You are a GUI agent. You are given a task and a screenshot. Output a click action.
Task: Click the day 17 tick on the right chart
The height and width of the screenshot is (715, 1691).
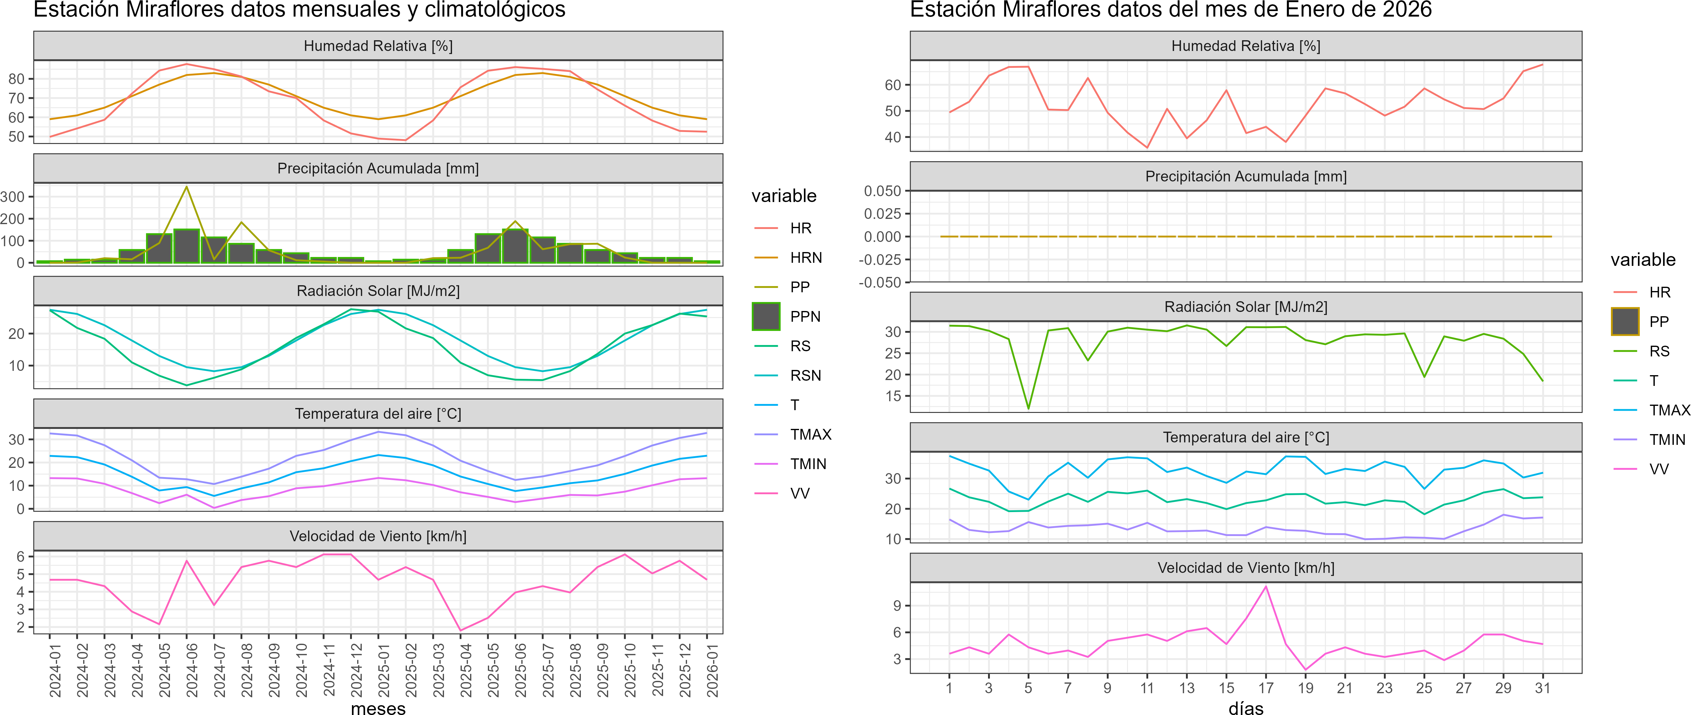(x=1266, y=687)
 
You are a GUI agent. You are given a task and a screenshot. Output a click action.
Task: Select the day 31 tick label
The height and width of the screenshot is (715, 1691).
(x=1543, y=687)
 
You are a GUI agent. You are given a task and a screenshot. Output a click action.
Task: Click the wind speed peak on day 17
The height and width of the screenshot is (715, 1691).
(x=1266, y=586)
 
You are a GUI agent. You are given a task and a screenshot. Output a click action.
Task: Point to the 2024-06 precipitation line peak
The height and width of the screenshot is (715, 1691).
(x=187, y=187)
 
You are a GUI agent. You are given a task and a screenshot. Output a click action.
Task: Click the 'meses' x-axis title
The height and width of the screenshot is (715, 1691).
(x=378, y=708)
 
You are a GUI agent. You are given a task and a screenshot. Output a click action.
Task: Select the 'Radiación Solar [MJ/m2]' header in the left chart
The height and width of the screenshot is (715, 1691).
(x=378, y=291)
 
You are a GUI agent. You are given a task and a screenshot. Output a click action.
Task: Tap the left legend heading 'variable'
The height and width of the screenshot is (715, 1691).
(x=784, y=196)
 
